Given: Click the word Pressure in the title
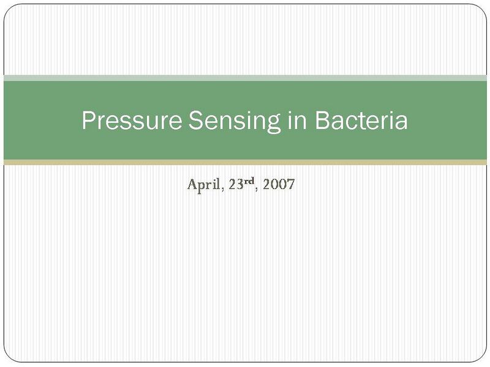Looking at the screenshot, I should tap(131, 120).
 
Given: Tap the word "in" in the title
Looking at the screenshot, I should tap(296, 120).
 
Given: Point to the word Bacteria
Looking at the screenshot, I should tap(361, 120).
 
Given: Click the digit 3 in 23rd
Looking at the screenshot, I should tap(239, 184).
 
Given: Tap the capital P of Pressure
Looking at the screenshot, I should tap(88, 120).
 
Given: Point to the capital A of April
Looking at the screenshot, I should tap(191, 184).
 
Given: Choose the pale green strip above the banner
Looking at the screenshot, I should tap(245, 78).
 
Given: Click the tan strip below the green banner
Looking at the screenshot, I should tap(245, 162).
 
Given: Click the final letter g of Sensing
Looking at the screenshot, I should tap(274, 124).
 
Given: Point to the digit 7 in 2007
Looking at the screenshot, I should tap(291, 184).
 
